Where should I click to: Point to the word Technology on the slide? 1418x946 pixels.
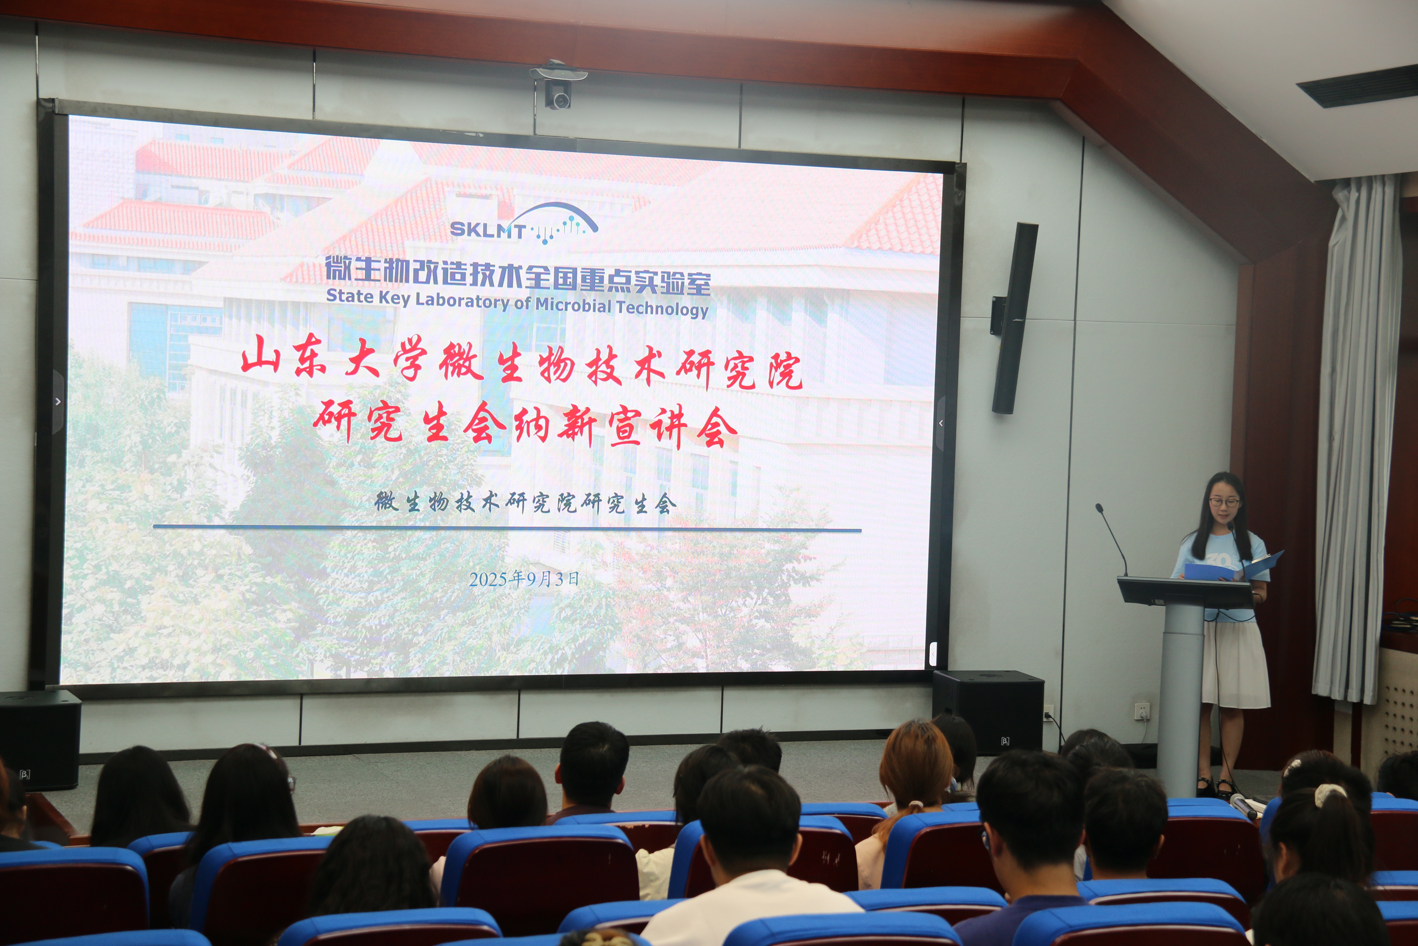point(662,308)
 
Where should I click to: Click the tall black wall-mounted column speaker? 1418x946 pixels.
point(1014,318)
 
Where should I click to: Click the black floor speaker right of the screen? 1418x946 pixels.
point(988,712)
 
